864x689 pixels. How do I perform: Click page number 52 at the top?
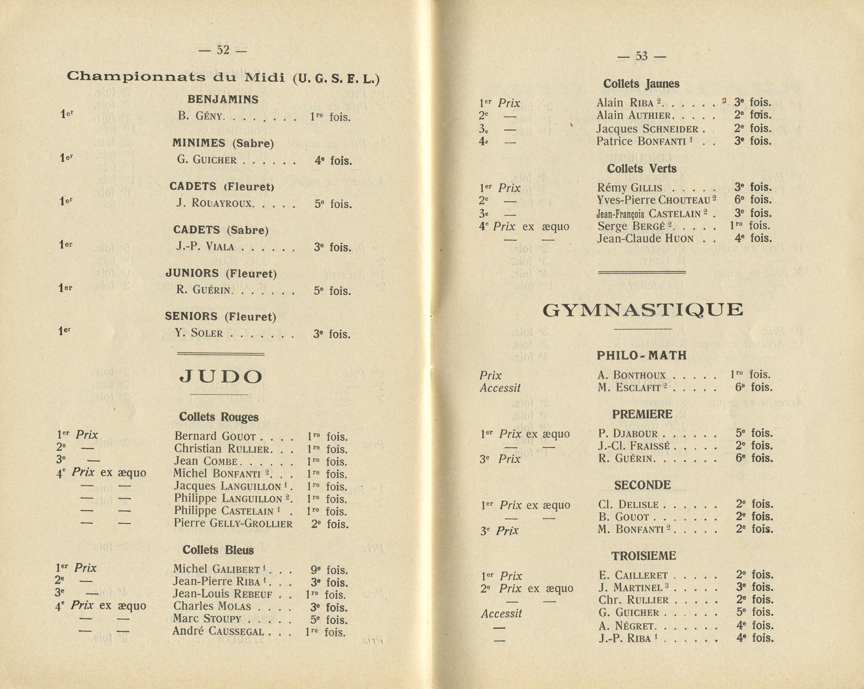pos(222,50)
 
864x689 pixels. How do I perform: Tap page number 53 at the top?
pos(641,56)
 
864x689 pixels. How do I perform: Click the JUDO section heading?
pos(221,377)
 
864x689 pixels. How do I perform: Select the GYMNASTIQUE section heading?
pos(643,310)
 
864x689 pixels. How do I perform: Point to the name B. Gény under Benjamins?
pos(201,115)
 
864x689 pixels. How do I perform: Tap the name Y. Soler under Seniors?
pos(199,333)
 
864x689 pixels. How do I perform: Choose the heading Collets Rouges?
pos(218,417)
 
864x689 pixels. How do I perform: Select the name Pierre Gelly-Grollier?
pos(233,524)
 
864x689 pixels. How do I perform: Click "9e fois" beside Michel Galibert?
pos(329,570)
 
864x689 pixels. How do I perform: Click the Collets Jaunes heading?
pos(641,84)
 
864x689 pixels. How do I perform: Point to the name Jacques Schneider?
pos(647,129)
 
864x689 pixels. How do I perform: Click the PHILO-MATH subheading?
pos(642,356)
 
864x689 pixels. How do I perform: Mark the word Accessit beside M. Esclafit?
pos(500,388)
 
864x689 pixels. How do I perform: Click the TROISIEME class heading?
pos(643,556)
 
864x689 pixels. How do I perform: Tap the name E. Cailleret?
pos(633,575)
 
